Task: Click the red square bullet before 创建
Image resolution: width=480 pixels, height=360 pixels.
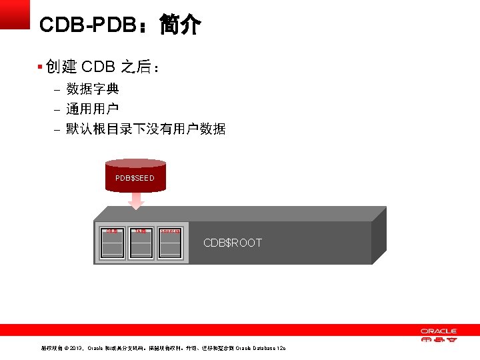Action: (x=40, y=67)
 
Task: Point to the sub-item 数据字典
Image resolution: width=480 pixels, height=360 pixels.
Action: (x=93, y=89)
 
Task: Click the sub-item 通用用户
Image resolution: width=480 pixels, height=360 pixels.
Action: (x=93, y=109)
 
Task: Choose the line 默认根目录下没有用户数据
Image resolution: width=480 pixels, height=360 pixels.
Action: (x=146, y=129)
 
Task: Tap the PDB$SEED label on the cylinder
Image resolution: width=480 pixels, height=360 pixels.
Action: (x=135, y=178)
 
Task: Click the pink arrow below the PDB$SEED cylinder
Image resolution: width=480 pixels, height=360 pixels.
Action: (x=136, y=199)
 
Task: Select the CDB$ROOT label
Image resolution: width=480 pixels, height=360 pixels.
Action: (x=233, y=243)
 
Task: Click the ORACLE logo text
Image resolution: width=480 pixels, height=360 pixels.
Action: (x=438, y=331)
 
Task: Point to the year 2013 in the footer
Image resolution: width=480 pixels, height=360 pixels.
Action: (x=75, y=349)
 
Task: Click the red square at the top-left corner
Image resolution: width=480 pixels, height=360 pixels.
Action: (x=15, y=13)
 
